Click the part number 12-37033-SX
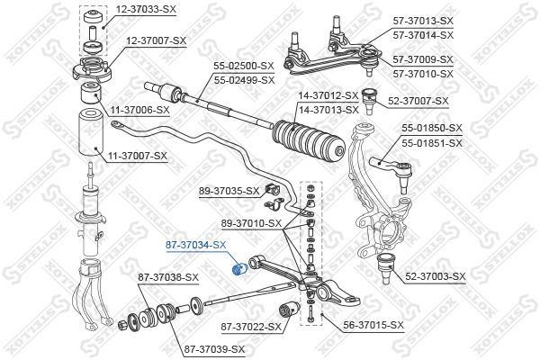(146, 9)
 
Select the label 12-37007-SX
(156, 40)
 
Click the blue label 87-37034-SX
(195, 245)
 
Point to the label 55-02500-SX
(244, 66)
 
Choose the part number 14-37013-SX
(328, 110)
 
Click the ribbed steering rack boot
(308, 141)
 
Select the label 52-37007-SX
(418, 101)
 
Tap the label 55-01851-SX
(432, 143)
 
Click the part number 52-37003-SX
(436, 276)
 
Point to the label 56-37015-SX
(373, 325)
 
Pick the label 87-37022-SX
(251, 327)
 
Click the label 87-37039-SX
(214, 350)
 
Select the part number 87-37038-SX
(168, 277)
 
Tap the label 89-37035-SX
(229, 191)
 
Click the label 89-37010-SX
(251, 223)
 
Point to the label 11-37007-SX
(138, 156)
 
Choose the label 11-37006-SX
(139, 110)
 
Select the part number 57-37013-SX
(423, 21)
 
